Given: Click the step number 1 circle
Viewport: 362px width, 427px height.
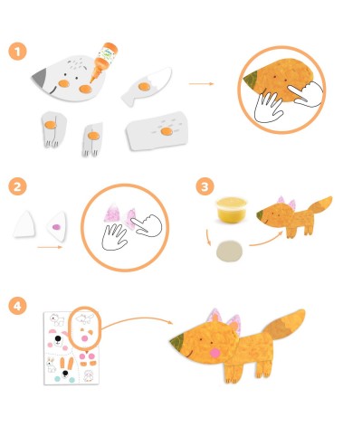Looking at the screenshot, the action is (17, 52).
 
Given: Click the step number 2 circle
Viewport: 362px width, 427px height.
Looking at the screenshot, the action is (17, 186).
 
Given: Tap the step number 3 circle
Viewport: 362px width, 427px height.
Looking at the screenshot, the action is (205, 186).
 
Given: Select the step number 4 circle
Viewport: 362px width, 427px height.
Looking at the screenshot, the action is (17, 306).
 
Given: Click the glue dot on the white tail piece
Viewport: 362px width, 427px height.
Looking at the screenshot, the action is (144, 87).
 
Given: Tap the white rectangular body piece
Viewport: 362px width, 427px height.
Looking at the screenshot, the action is (157, 130).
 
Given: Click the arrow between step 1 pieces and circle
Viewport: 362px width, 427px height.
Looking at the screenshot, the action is (201, 83).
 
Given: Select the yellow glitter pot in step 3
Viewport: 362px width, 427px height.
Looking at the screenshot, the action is (232, 210).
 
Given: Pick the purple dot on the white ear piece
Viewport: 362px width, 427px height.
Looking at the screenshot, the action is (56, 227).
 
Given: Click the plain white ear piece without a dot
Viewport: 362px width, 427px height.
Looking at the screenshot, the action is (24, 223).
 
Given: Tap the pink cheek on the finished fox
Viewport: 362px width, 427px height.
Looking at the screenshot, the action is (214, 353).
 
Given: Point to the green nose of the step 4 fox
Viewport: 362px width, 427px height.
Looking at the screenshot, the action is (176, 341).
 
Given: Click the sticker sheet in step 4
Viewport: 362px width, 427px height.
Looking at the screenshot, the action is (71, 348).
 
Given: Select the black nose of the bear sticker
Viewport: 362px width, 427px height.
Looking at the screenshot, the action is (58, 339).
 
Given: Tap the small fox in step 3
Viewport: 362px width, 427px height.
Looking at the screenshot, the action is (294, 215).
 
